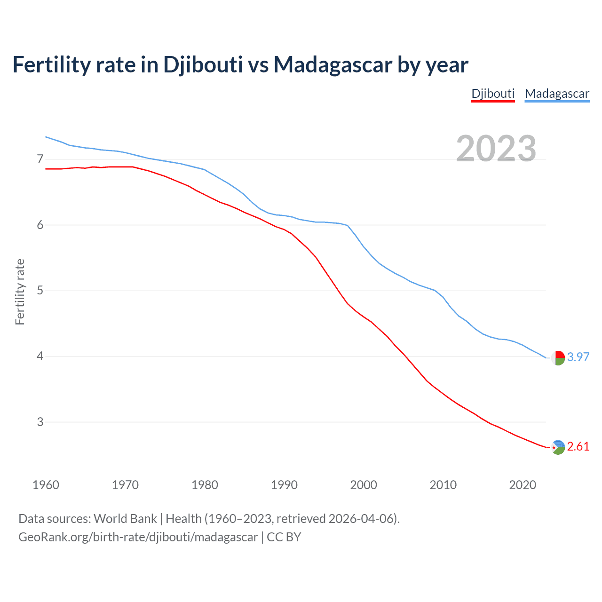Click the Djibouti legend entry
pyautogui.click(x=493, y=94)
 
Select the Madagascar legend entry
pyautogui.click(x=557, y=94)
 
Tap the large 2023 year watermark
pyautogui.click(x=496, y=149)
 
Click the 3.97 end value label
pyautogui.click(x=578, y=357)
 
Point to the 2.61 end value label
pyautogui.click(x=578, y=446)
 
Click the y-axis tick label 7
pyautogui.click(x=40, y=159)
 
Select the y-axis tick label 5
pyautogui.click(x=40, y=291)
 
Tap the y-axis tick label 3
pyautogui.click(x=40, y=422)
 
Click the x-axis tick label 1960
pyautogui.click(x=46, y=485)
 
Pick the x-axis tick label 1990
pyautogui.click(x=284, y=485)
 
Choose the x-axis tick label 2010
pyautogui.click(x=443, y=485)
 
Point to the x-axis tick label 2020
pyautogui.click(x=523, y=485)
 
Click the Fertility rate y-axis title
pyautogui.click(x=20, y=292)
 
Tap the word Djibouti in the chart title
pyautogui.click(x=203, y=65)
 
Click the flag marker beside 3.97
pyautogui.click(x=558, y=358)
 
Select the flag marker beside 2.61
pyautogui.click(x=558, y=447)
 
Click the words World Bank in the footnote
pyautogui.click(x=125, y=519)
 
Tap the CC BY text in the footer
pyautogui.click(x=284, y=537)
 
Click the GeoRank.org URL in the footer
pyautogui.click(x=138, y=537)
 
